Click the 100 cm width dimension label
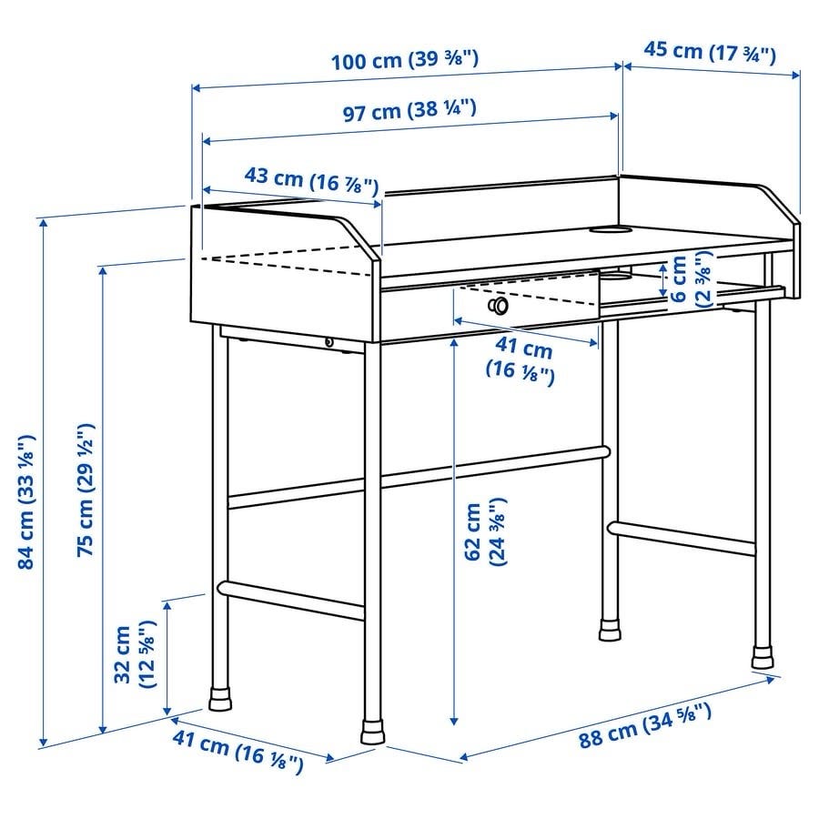coord(405,60)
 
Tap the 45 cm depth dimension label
coord(710,52)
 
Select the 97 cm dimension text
coord(409,111)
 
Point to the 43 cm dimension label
coord(311,180)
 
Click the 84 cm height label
coord(26,500)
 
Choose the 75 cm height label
coord(86,490)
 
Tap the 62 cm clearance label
coord(485,531)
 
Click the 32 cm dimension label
coord(135,654)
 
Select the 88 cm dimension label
coord(644,726)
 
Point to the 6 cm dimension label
coord(691,278)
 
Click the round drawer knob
coord(498,305)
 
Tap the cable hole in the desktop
coord(610,229)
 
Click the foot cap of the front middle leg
coord(372,733)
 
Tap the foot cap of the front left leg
coord(219,698)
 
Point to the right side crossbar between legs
coord(682,538)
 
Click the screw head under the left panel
coord(329,342)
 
